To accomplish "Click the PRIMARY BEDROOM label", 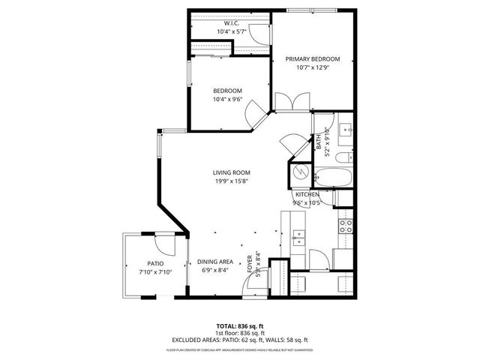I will coord(312,59).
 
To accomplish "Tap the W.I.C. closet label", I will coord(230,23).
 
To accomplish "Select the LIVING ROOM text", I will coord(230,172).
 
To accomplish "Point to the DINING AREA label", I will coord(215,262).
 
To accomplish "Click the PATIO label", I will coord(155,262).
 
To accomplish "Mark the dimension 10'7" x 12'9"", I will coord(312,68).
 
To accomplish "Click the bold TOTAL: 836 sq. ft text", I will coord(240,327).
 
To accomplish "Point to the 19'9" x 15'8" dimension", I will coord(230,181).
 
